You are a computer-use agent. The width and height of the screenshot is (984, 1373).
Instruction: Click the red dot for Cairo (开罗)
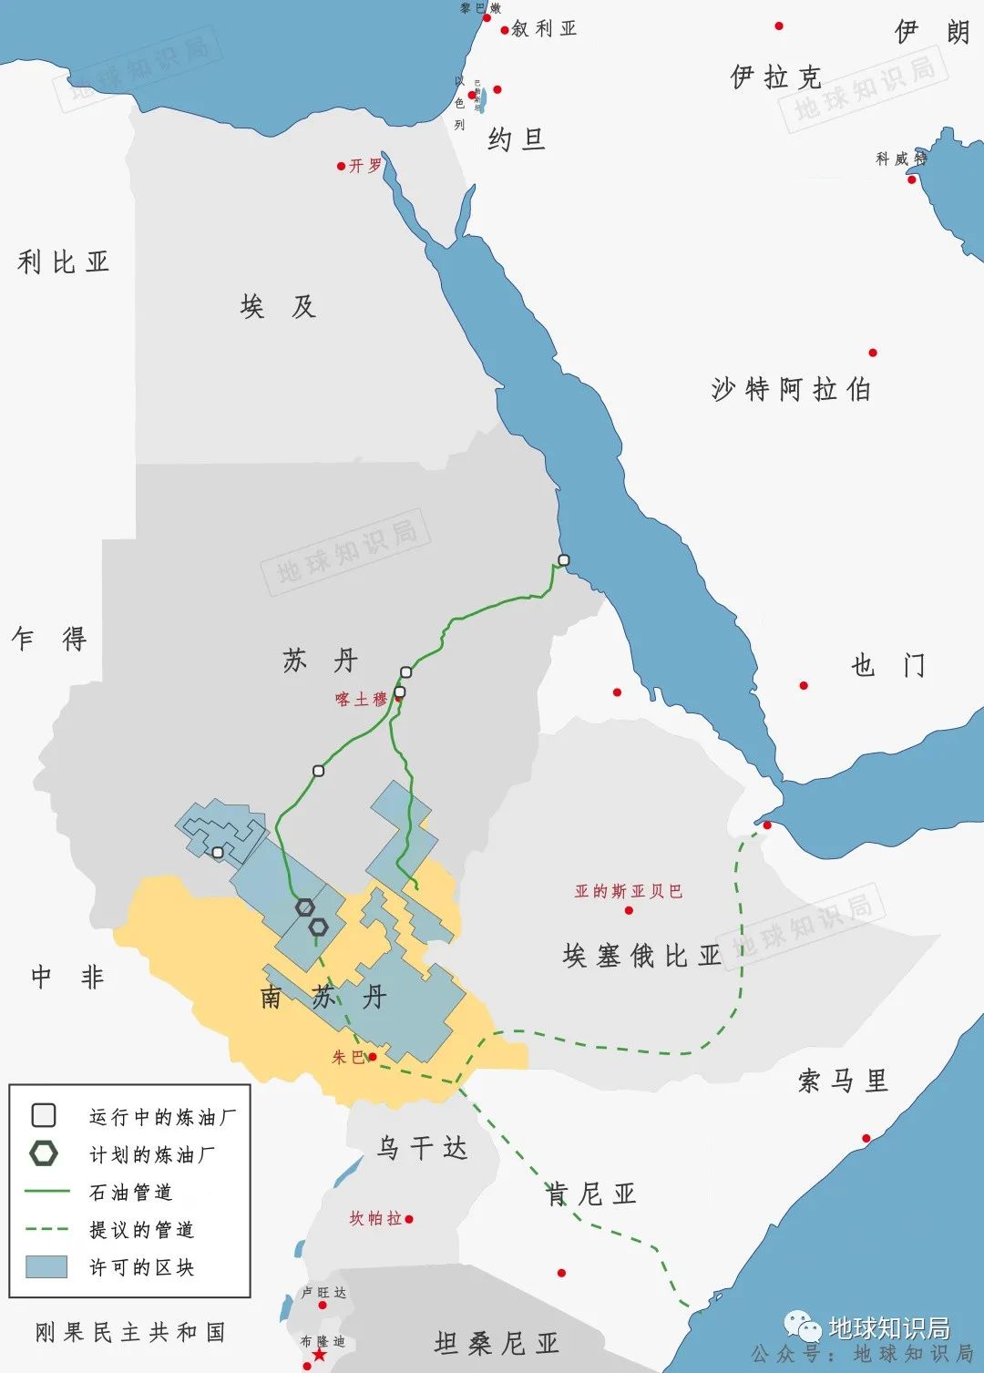click(341, 166)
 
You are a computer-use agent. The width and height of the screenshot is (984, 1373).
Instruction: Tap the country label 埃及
click(278, 306)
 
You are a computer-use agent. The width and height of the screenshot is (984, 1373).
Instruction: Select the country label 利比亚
click(63, 262)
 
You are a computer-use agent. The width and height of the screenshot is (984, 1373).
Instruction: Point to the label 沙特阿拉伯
click(791, 390)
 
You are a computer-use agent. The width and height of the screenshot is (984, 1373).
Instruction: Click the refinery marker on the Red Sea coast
click(564, 560)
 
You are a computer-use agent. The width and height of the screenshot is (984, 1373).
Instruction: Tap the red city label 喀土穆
click(361, 700)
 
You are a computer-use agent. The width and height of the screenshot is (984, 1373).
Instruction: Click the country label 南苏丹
click(323, 997)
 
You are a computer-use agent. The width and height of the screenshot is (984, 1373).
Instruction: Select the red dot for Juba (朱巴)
click(372, 1057)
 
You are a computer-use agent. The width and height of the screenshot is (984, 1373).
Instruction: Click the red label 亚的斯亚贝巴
click(628, 891)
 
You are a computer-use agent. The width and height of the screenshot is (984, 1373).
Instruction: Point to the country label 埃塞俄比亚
click(641, 956)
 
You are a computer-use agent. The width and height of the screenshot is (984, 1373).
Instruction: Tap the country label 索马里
click(842, 1081)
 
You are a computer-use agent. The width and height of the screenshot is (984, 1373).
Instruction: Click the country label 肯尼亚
click(590, 1194)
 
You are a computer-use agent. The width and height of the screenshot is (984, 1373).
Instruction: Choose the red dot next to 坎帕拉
click(409, 1219)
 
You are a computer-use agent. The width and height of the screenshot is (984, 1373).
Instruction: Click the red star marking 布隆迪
click(319, 1356)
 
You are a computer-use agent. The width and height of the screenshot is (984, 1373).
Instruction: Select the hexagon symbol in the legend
click(44, 1153)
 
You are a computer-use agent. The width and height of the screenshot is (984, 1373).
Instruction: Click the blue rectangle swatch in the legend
click(46, 1266)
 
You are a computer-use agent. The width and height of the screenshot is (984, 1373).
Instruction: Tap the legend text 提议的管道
click(141, 1230)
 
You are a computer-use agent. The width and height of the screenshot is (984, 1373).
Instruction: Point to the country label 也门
click(887, 666)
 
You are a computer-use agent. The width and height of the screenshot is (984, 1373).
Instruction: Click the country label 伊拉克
click(775, 77)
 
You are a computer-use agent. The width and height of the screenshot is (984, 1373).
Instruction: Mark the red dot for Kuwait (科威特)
click(911, 179)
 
